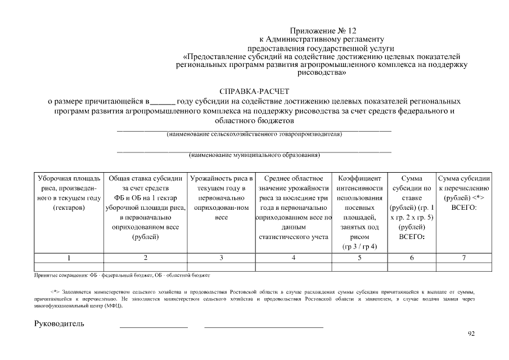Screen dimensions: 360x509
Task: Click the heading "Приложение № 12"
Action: click(323, 31)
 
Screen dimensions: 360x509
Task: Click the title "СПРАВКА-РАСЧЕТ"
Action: click(254, 92)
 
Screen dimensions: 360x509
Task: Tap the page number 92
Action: click(471, 334)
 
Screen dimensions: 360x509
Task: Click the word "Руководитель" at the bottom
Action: click(60, 323)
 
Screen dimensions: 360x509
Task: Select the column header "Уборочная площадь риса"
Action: click(69, 193)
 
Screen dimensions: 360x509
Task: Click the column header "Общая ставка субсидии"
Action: click(145, 208)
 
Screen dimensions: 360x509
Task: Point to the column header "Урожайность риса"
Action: click(221, 197)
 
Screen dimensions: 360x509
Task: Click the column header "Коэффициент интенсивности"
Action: click(359, 212)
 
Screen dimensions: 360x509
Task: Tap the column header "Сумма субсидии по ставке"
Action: click(412, 208)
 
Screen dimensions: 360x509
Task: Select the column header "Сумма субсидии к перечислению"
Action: click(464, 193)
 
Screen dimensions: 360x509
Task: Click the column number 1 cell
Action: click(69, 258)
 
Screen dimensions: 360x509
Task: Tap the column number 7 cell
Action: click(464, 258)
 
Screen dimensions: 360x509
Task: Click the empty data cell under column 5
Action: click(359, 267)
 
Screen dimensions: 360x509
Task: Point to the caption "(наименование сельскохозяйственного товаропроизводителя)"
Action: click(254, 134)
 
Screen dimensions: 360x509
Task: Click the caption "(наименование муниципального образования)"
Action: click(254, 155)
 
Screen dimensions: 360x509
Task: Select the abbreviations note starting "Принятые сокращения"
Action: click(121, 276)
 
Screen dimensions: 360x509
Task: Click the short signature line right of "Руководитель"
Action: click(154, 325)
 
